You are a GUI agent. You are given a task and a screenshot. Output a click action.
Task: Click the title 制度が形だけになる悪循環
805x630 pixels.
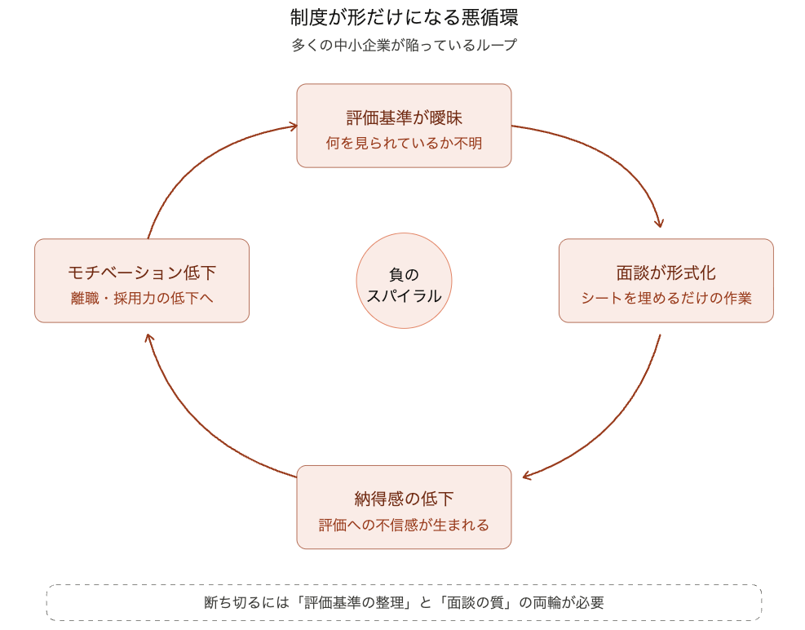[404, 17]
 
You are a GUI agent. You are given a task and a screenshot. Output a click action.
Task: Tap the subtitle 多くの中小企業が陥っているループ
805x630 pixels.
[404, 46]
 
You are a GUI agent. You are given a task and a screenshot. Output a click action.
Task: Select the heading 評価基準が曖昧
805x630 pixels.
[404, 118]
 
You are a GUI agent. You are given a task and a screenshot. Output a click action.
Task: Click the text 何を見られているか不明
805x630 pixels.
[404, 144]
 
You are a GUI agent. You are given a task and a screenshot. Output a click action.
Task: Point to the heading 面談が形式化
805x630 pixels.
[666, 273]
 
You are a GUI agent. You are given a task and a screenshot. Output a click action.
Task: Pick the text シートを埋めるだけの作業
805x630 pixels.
[666, 299]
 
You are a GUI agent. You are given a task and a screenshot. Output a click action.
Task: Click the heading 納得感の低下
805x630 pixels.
[404, 499]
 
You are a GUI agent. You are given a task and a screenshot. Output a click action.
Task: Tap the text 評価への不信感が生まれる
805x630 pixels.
[404, 525]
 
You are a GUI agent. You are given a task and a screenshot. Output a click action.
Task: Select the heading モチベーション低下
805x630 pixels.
[142, 273]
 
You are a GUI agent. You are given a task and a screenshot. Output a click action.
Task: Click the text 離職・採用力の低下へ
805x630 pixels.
[142, 299]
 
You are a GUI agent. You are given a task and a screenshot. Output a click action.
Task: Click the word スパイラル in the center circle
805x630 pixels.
[404, 296]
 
